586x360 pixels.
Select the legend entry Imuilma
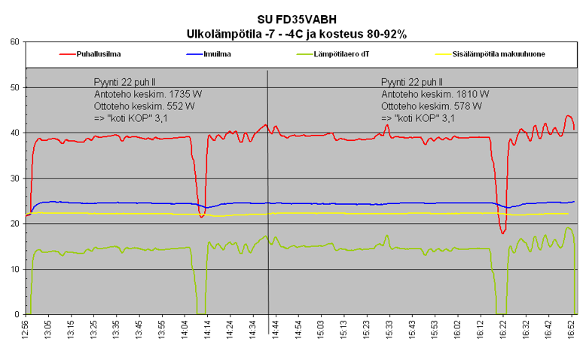click(x=218, y=54)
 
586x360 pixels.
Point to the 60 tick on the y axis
click(x=14, y=42)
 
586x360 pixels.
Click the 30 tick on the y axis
click(x=14, y=178)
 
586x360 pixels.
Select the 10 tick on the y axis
click(x=14, y=269)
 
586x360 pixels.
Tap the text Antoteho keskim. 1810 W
click(x=435, y=94)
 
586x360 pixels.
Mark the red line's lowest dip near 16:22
click(x=502, y=233)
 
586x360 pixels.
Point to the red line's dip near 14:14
click(x=202, y=217)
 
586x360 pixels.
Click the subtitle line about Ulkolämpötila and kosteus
click(x=296, y=34)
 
